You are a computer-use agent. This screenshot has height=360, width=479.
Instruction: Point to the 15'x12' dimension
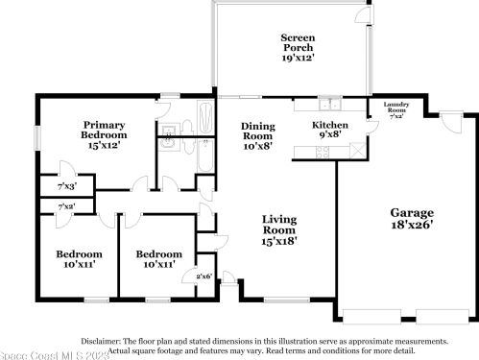(x=106, y=146)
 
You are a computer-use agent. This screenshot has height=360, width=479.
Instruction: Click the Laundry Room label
(x=396, y=107)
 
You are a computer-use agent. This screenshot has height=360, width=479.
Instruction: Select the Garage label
(x=411, y=212)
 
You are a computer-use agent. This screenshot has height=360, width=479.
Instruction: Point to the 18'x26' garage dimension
(x=411, y=226)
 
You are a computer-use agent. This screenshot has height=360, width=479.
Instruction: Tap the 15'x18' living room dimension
(x=280, y=241)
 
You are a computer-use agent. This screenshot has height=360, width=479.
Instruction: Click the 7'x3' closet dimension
(x=67, y=185)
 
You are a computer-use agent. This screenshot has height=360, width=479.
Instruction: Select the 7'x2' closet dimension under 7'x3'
(x=67, y=206)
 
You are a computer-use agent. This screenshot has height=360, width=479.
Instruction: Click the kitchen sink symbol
(x=330, y=107)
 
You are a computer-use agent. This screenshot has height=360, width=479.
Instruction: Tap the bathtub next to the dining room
(x=207, y=119)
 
